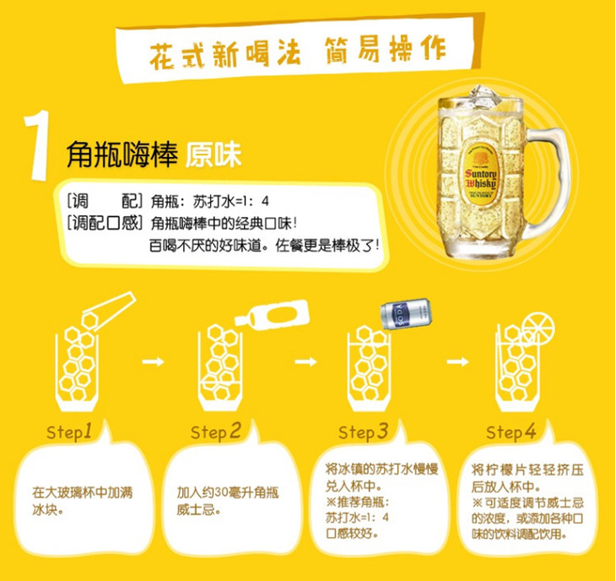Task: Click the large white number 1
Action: coord(37,145)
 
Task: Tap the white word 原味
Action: coord(213,154)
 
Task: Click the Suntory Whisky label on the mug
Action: coord(480,173)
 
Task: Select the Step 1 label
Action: coord(69,432)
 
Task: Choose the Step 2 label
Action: coord(216,432)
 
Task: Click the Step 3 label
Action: coord(364,432)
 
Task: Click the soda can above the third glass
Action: coord(406,313)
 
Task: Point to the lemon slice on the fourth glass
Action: coord(538,328)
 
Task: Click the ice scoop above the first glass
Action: coord(108,311)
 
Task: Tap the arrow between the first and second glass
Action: coord(154,361)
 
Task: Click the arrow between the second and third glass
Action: coord(305,361)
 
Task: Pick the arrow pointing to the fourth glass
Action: coord(458,361)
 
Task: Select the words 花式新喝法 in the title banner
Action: coord(224,54)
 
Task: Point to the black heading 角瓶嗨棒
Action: coord(122,155)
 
